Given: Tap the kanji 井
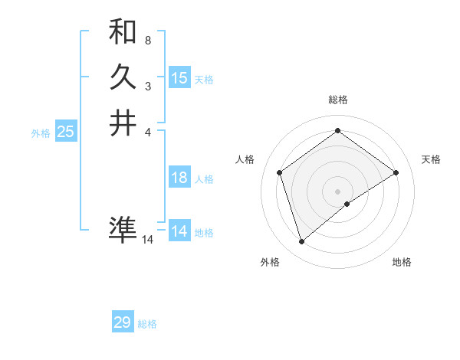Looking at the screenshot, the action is pos(123,123).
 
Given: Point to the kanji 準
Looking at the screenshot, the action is pos(123,229).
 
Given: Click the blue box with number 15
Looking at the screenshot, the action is pos(179,77).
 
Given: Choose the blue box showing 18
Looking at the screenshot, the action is pos(179,178).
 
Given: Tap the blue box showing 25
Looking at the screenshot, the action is pos(66,132).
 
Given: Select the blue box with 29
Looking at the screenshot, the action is pos(123,322).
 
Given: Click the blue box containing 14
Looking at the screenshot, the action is pos(179,231).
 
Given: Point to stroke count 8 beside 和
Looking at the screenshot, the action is pos(148,39).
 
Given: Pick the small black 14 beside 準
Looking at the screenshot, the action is pos(148,240).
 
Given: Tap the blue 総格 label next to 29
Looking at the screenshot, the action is pos(147,324).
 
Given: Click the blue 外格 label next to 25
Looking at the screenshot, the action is pos(41,133).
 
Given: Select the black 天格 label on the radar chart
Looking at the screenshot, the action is pos(431,159).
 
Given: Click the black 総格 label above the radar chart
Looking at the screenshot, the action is pos(338,100).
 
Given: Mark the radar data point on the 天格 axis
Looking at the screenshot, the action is pos(396,172).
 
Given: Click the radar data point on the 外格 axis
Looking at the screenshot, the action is pos(301,242).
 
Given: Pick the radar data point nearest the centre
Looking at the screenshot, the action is pos(347,204).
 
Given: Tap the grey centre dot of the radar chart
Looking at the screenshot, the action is pos(338,191).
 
